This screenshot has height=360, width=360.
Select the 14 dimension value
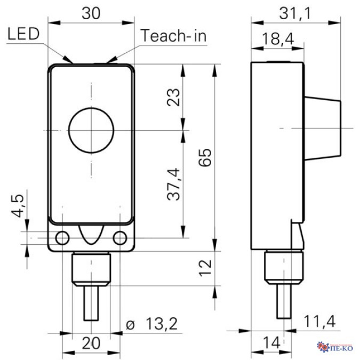click(x=274, y=344)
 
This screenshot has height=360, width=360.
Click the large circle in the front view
click(x=91, y=129)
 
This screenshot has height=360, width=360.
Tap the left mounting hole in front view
click(x=63, y=237)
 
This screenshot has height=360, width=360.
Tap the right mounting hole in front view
click(x=121, y=237)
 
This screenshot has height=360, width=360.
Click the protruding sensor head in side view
click(x=322, y=129)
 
